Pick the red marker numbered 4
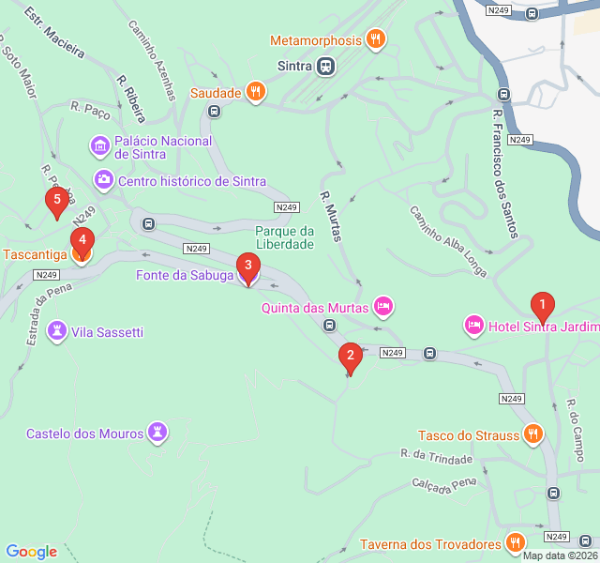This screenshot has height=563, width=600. (82, 240)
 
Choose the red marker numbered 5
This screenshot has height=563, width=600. (57, 200)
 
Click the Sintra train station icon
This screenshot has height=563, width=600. (325, 66)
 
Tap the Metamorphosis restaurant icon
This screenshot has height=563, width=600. (376, 39)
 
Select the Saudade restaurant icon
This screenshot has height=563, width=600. (255, 92)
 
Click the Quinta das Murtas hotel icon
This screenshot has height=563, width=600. (382, 306)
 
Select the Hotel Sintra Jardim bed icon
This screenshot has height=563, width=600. (473, 325)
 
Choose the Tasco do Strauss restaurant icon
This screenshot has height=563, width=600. (532, 434)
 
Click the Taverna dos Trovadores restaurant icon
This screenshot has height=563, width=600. (515, 542)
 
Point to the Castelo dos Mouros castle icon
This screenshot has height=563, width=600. (157, 433)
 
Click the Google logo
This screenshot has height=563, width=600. (32, 552)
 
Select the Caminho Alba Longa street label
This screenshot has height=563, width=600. (448, 241)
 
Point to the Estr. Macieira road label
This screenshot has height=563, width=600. (54, 34)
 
